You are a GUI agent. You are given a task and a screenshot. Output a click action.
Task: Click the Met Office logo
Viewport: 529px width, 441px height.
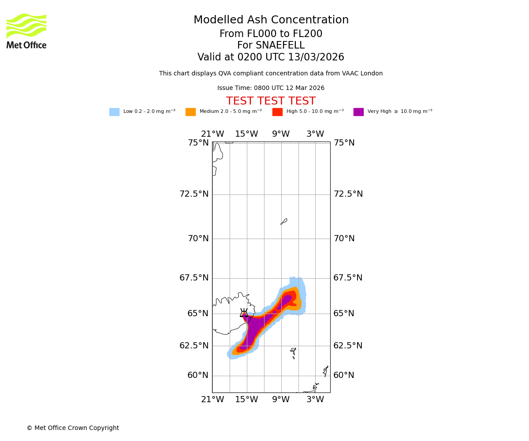pyautogui.click(x=26, y=31)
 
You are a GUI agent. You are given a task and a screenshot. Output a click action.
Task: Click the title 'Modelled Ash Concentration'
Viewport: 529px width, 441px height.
pyautogui.click(x=271, y=20)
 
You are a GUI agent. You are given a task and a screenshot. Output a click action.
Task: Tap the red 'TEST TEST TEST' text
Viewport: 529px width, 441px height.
pyautogui.click(x=271, y=101)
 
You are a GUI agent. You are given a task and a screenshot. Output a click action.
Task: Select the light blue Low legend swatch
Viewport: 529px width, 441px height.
pyautogui.click(x=114, y=112)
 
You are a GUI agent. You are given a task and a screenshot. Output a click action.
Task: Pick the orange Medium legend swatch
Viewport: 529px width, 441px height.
pyautogui.click(x=190, y=112)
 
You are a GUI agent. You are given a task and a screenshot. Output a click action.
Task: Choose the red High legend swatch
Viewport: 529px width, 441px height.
pyautogui.click(x=277, y=112)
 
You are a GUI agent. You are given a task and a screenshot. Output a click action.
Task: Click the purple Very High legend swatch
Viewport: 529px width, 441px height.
pyautogui.click(x=358, y=112)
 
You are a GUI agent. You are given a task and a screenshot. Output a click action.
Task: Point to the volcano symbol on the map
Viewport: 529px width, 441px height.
pyautogui.click(x=244, y=313)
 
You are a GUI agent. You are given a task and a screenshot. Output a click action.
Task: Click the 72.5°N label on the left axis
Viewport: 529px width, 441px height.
pyautogui.click(x=194, y=194)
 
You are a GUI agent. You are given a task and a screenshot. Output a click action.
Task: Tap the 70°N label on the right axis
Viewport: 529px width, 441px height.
pyautogui.click(x=344, y=239)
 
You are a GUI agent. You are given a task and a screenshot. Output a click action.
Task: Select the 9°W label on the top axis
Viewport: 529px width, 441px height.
pyautogui.click(x=281, y=134)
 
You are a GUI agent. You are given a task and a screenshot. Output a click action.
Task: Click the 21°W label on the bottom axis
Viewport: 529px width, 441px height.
pyautogui.click(x=212, y=400)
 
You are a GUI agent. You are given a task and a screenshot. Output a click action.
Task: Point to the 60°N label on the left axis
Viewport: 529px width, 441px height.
pyautogui.click(x=198, y=375)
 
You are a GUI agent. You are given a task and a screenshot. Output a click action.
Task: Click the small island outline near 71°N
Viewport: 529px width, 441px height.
pyautogui.click(x=284, y=221)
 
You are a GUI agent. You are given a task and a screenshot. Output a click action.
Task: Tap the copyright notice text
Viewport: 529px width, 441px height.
pyautogui.click(x=73, y=428)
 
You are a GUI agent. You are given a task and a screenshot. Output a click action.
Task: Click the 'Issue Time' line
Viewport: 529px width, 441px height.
pyautogui.click(x=271, y=88)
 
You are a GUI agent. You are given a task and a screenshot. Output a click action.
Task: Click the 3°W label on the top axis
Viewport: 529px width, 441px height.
pyautogui.click(x=315, y=134)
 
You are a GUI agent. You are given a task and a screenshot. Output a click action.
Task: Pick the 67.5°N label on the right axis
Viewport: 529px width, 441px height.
pyautogui.click(x=348, y=278)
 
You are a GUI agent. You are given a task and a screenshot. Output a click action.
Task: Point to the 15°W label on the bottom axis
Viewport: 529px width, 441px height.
pyautogui.click(x=246, y=400)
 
